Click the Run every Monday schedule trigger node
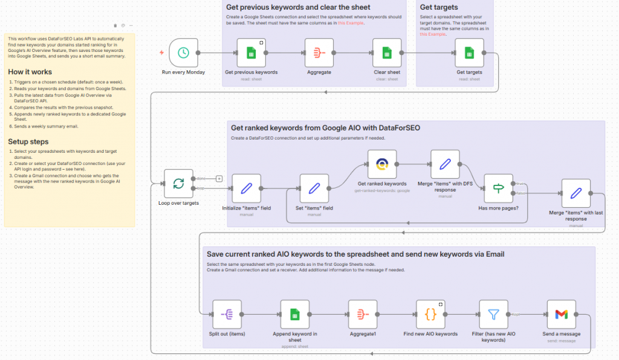[183, 53]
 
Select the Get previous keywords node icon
[251, 53]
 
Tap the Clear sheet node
[387, 53]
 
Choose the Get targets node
[469, 53]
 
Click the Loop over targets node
[178, 184]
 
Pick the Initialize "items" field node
[247, 188]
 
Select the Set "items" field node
[314, 188]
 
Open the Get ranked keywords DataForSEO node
[382, 164]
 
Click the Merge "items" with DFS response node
[445, 164]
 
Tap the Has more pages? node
[498, 188]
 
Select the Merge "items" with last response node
[575, 193]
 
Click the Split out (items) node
[227, 314]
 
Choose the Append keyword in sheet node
[295, 314]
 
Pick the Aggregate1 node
[363, 314]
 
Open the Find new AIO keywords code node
[430, 314]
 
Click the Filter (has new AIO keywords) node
[493, 314]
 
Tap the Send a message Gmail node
[561, 314]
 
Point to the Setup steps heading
[28, 141]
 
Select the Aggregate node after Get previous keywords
[319, 53]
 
